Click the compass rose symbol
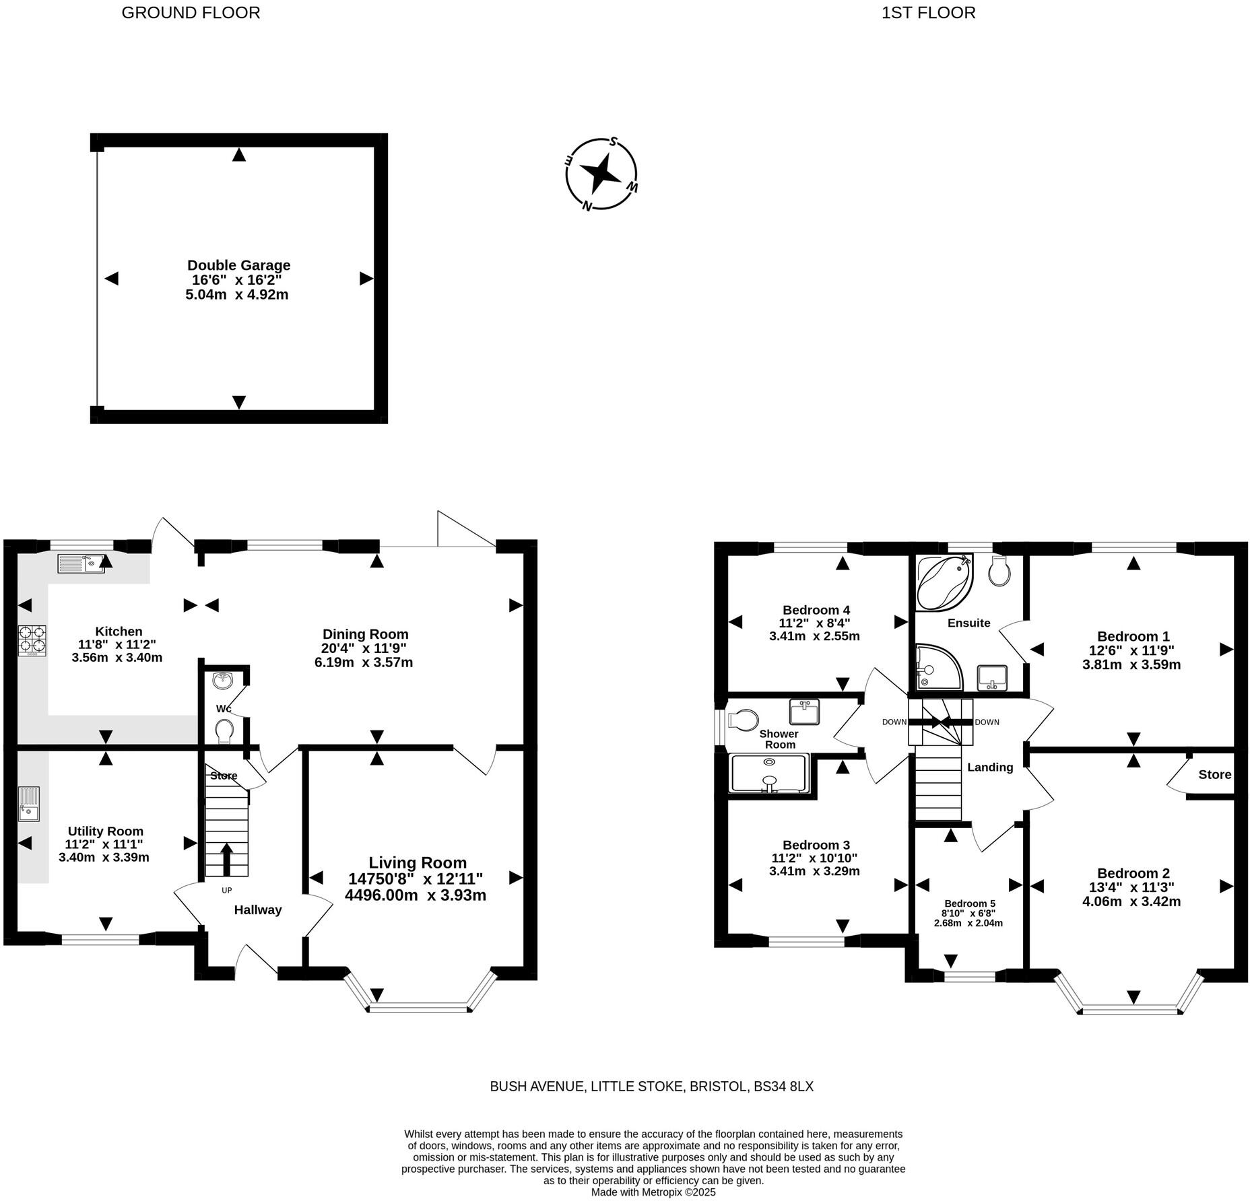tap(601, 174)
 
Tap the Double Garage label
tap(238, 265)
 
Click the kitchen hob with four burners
tap(32, 640)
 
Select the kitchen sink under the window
tap(81, 563)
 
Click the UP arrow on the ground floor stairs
tap(226, 858)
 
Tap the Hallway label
tap(257, 910)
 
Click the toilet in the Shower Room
tap(743, 720)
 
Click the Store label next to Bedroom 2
tap(1214, 775)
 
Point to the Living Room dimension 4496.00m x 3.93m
tap(415, 895)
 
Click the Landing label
tap(989, 767)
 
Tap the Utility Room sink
tap(29, 804)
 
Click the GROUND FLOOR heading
tap(191, 13)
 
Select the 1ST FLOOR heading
tap(928, 13)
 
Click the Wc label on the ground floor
tap(224, 709)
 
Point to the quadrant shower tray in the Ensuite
tap(937, 667)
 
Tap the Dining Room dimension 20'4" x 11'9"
tap(364, 648)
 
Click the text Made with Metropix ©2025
tap(653, 1192)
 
